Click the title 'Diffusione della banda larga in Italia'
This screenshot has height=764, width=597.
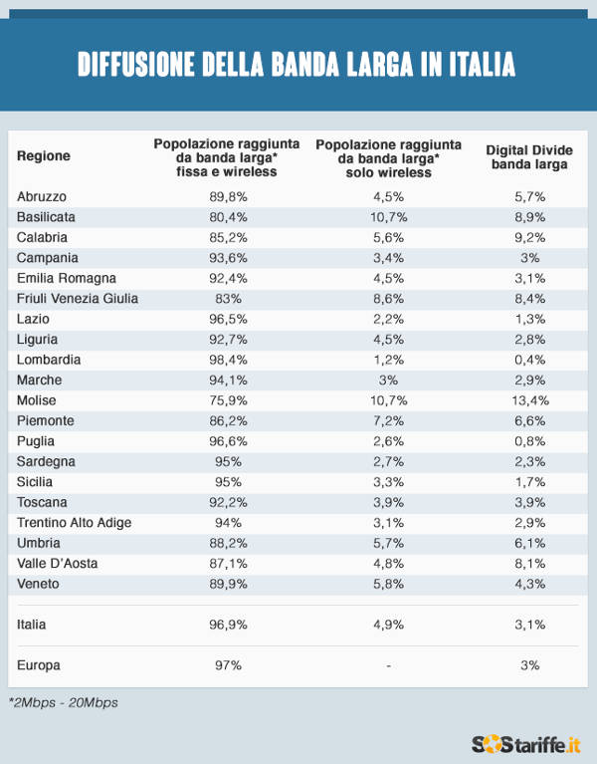298,65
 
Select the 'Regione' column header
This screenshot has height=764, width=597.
44,156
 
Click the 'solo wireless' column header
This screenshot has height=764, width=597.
388,157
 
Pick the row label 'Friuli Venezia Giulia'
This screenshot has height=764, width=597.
78,298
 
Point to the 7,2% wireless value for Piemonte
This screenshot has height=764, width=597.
389,420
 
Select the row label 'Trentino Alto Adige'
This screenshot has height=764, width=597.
75,522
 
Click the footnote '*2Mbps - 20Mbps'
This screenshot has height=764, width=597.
63,702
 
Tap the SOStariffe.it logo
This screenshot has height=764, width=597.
526,743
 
